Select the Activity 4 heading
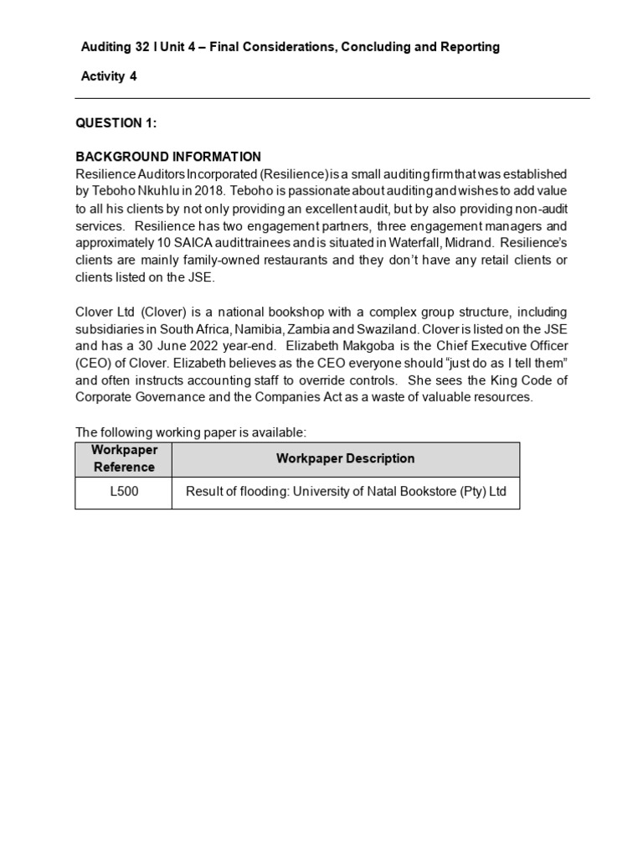[109, 76]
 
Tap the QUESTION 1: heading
[116, 123]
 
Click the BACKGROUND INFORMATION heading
[168, 157]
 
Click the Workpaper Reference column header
[124, 458]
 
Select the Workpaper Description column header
[345, 458]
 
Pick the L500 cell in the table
[124, 492]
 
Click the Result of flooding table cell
[346, 492]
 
